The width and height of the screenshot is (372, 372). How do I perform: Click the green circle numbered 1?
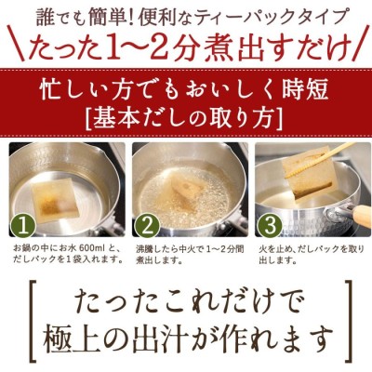23,225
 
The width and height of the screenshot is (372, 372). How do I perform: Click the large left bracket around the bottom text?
33,320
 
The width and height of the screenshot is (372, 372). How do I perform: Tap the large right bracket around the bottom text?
350,320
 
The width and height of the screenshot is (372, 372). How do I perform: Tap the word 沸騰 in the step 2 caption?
144,249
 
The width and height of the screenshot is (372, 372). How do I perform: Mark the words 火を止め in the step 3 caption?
273,249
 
